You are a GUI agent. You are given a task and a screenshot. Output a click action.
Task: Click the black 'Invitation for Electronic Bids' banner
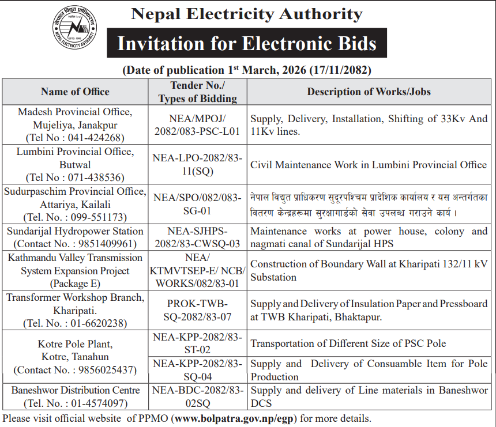tap(246, 44)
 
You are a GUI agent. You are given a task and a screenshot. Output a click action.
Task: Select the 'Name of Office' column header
tap(75, 92)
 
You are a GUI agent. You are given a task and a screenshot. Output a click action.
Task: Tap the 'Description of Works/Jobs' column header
tap(369, 92)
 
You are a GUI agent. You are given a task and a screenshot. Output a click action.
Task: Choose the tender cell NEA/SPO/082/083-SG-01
tap(197, 204)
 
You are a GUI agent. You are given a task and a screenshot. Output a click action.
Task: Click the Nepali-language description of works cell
tap(369, 204)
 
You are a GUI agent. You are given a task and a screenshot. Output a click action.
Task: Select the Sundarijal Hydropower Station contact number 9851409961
tap(103, 244)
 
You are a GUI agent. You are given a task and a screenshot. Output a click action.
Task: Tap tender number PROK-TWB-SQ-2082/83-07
tap(197, 310)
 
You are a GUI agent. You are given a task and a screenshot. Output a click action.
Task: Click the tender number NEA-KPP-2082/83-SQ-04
tap(197, 370)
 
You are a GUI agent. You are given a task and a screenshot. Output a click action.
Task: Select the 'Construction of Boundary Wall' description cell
tap(369, 270)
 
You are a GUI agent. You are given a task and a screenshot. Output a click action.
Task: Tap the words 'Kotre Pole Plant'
tap(75, 344)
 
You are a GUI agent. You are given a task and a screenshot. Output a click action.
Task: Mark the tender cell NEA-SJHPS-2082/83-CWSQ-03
tap(197, 237)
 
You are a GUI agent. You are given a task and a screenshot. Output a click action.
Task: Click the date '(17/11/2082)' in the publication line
tap(340, 70)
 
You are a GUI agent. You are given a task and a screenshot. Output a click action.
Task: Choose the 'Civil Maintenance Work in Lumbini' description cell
tap(369, 164)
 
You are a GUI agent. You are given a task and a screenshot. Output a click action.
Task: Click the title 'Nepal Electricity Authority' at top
tap(246, 14)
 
